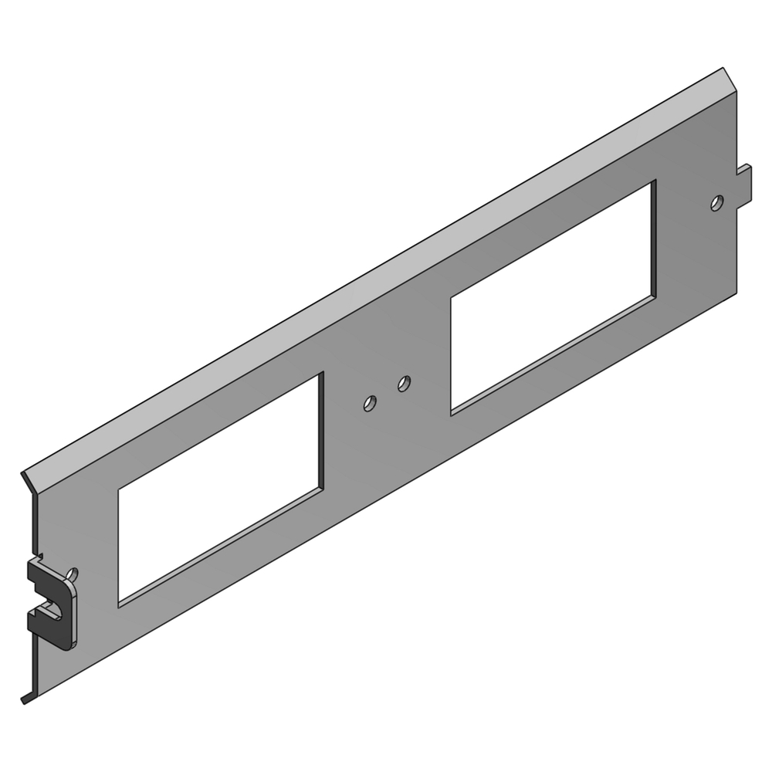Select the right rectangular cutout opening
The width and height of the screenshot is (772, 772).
tap(553, 297)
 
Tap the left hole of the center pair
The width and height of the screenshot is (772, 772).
tap(370, 403)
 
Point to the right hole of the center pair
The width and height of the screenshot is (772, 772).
tap(403, 382)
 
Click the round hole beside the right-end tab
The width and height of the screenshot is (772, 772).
tap(717, 203)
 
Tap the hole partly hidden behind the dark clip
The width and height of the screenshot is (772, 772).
tap(73, 574)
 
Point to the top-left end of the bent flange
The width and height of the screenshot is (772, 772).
tap(25, 472)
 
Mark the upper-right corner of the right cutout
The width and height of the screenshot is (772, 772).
tap(655, 182)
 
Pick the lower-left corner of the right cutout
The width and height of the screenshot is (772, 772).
tap(452, 415)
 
